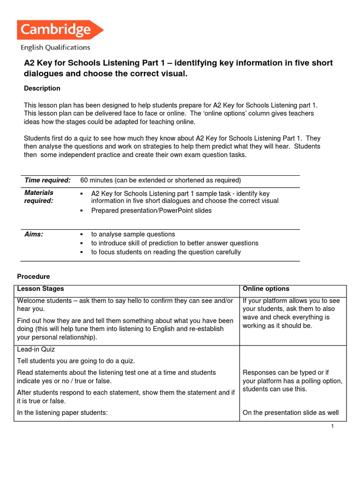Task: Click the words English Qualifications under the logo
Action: click(55, 47)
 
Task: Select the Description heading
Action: click(42, 88)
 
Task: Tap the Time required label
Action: click(47, 180)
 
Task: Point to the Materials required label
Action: click(39, 196)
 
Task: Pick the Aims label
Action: click(34, 234)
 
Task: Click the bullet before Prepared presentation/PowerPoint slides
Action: click(82, 211)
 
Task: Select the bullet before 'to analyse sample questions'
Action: click(82, 234)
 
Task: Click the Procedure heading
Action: click(33, 277)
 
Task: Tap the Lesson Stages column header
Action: click(40, 289)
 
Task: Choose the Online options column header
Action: click(266, 289)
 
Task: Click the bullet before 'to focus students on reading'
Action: click(82, 252)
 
